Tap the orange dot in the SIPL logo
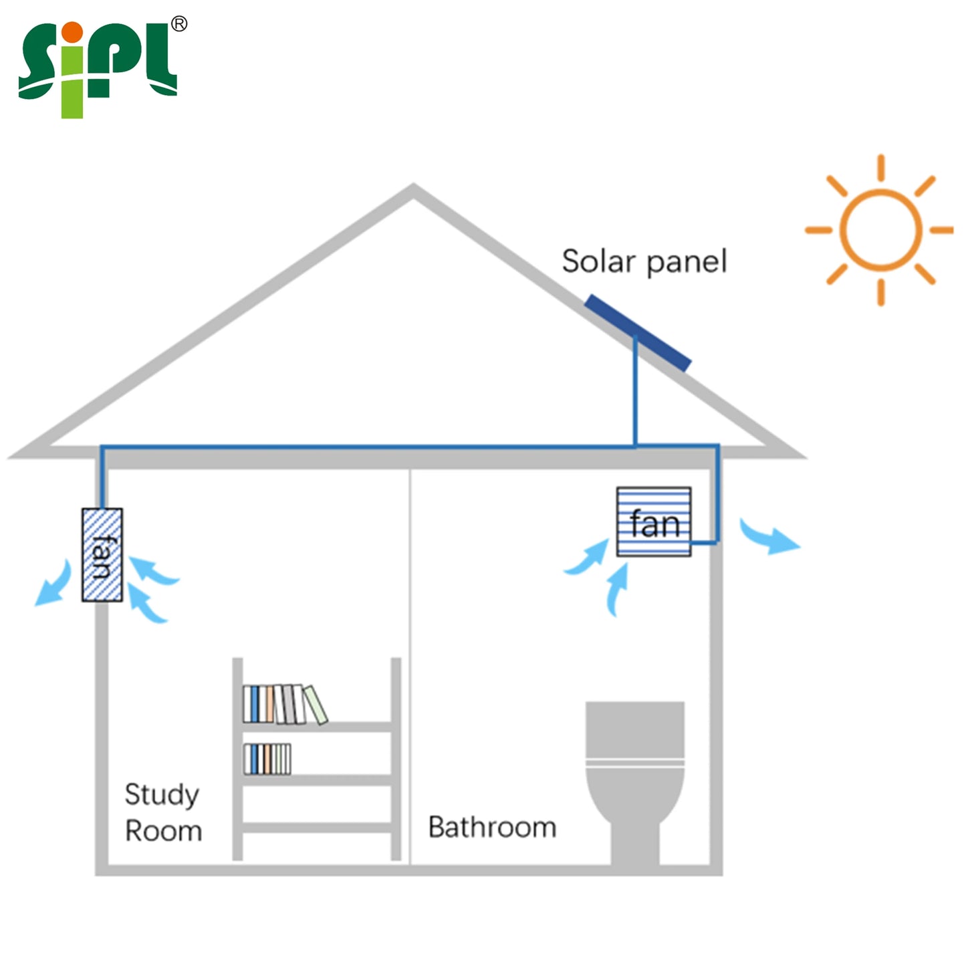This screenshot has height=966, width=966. pyautogui.click(x=73, y=32)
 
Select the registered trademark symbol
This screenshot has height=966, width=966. pyautogui.click(x=179, y=23)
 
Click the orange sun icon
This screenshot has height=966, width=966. pyautogui.click(x=881, y=230)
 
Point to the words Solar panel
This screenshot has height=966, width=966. pyautogui.click(x=644, y=261)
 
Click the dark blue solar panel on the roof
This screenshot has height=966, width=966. pyautogui.click(x=638, y=333)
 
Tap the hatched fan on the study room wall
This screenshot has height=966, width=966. pyautogui.click(x=102, y=555)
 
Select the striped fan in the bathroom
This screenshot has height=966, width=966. pyautogui.click(x=654, y=522)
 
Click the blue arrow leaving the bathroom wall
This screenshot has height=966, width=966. pyautogui.click(x=769, y=539)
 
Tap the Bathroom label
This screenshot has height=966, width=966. pyautogui.click(x=492, y=827)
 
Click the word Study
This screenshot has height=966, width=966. pyautogui.click(x=162, y=795)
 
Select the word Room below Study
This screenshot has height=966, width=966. pyautogui.click(x=163, y=831)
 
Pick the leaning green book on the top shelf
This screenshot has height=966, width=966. pyautogui.click(x=316, y=705)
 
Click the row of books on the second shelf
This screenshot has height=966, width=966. pyautogui.click(x=267, y=759)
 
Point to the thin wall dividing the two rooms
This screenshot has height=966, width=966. pyautogui.click(x=410, y=667)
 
